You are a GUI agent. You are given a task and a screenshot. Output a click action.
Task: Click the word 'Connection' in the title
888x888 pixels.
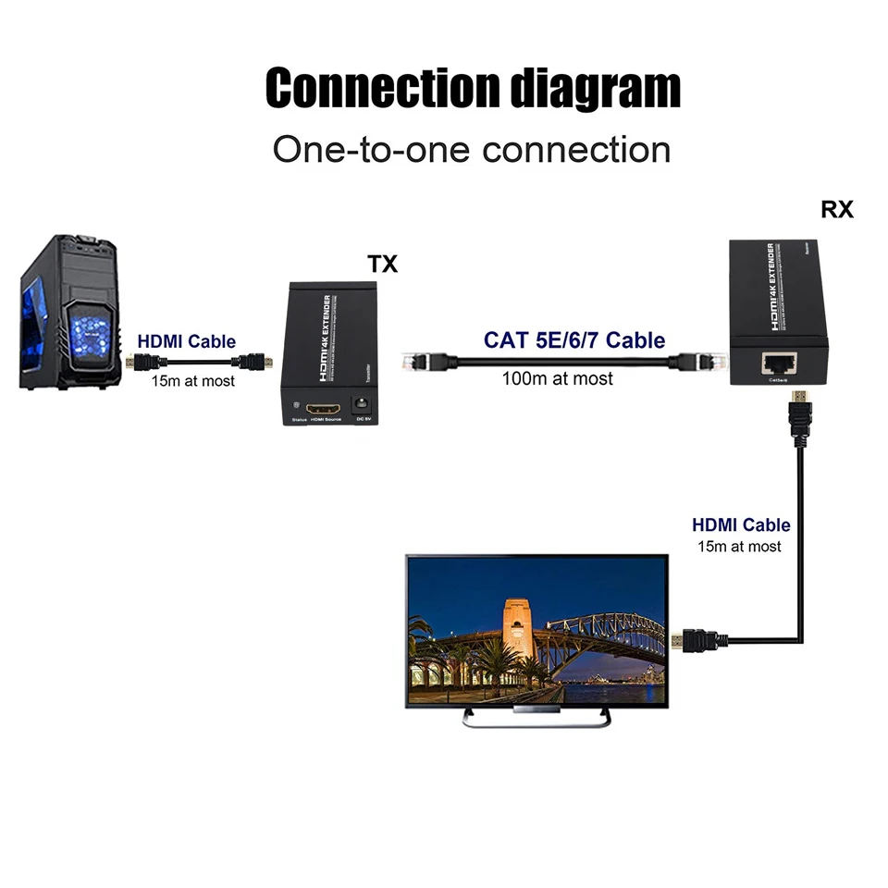[x=381, y=88]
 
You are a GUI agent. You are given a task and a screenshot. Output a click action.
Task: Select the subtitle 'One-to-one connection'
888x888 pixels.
[x=471, y=149]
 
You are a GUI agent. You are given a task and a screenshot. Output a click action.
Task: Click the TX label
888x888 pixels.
[x=382, y=264]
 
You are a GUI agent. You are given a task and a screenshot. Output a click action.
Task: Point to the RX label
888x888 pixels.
[x=836, y=210]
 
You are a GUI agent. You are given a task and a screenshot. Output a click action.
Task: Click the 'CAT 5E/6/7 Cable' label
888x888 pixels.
[x=573, y=340]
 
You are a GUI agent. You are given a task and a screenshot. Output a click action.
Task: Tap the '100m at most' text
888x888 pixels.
[x=557, y=378]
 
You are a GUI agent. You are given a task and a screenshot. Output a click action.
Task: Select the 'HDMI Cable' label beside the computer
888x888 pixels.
[x=186, y=341]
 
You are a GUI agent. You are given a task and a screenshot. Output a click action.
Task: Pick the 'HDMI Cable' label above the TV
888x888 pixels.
[x=741, y=525]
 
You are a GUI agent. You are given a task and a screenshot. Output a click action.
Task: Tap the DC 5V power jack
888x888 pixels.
[x=362, y=406]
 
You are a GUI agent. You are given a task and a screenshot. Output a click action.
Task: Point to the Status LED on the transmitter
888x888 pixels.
[x=296, y=407]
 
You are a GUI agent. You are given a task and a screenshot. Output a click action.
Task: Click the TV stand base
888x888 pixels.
[x=536, y=718]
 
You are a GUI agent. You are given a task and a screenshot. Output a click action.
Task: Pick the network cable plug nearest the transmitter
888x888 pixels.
[x=418, y=362]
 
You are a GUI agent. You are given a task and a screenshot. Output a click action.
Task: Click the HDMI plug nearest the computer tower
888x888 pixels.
[x=137, y=362]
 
